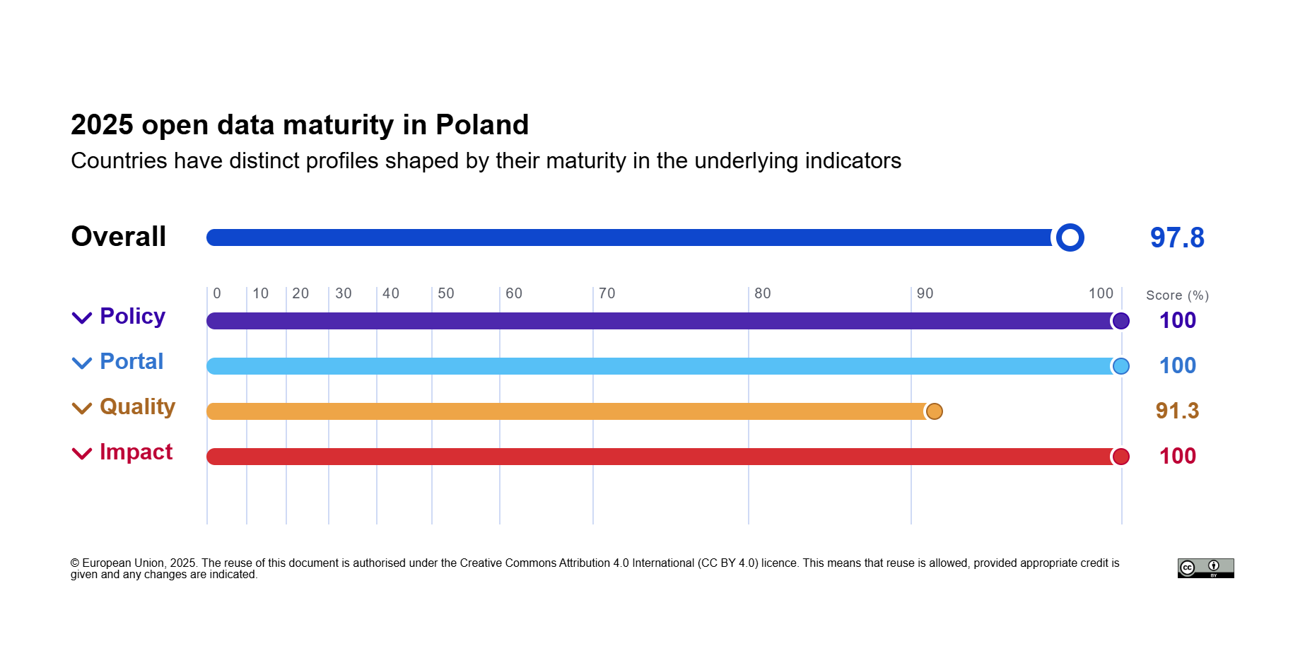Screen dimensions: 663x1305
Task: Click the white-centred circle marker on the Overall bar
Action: click(x=1070, y=237)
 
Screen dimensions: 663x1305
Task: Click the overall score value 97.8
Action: click(x=1177, y=238)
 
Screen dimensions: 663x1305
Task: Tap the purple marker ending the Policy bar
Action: click(x=1120, y=321)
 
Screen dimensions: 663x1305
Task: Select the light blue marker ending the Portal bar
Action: click(x=1120, y=366)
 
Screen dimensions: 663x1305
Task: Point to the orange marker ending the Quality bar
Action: click(x=934, y=411)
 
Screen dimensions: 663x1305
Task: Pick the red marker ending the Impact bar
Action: click(x=1120, y=457)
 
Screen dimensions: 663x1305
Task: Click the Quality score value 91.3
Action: click(x=1177, y=411)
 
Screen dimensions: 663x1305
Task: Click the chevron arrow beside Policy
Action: click(x=82, y=318)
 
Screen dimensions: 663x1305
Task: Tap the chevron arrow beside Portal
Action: click(x=82, y=363)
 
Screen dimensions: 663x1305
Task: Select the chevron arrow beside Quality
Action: click(x=82, y=409)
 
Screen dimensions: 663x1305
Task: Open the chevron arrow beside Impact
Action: click(x=82, y=454)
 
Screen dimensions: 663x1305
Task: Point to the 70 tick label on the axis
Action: click(x=607, y=293)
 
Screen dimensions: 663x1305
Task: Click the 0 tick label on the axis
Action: click(x=217, y=293)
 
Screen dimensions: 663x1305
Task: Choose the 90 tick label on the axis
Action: click(x=925, y=293)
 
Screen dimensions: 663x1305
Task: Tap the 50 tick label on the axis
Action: click(x=445, y=293)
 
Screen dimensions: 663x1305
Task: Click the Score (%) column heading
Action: click(x=1177, y=295)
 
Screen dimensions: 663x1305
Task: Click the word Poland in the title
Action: click(x=482, y=125)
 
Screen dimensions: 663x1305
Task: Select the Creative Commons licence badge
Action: click(x=1205, y=568)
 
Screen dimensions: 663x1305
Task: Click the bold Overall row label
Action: click(x=119, y=237)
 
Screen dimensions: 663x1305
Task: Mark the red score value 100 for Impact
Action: click(x=1177, y=456)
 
